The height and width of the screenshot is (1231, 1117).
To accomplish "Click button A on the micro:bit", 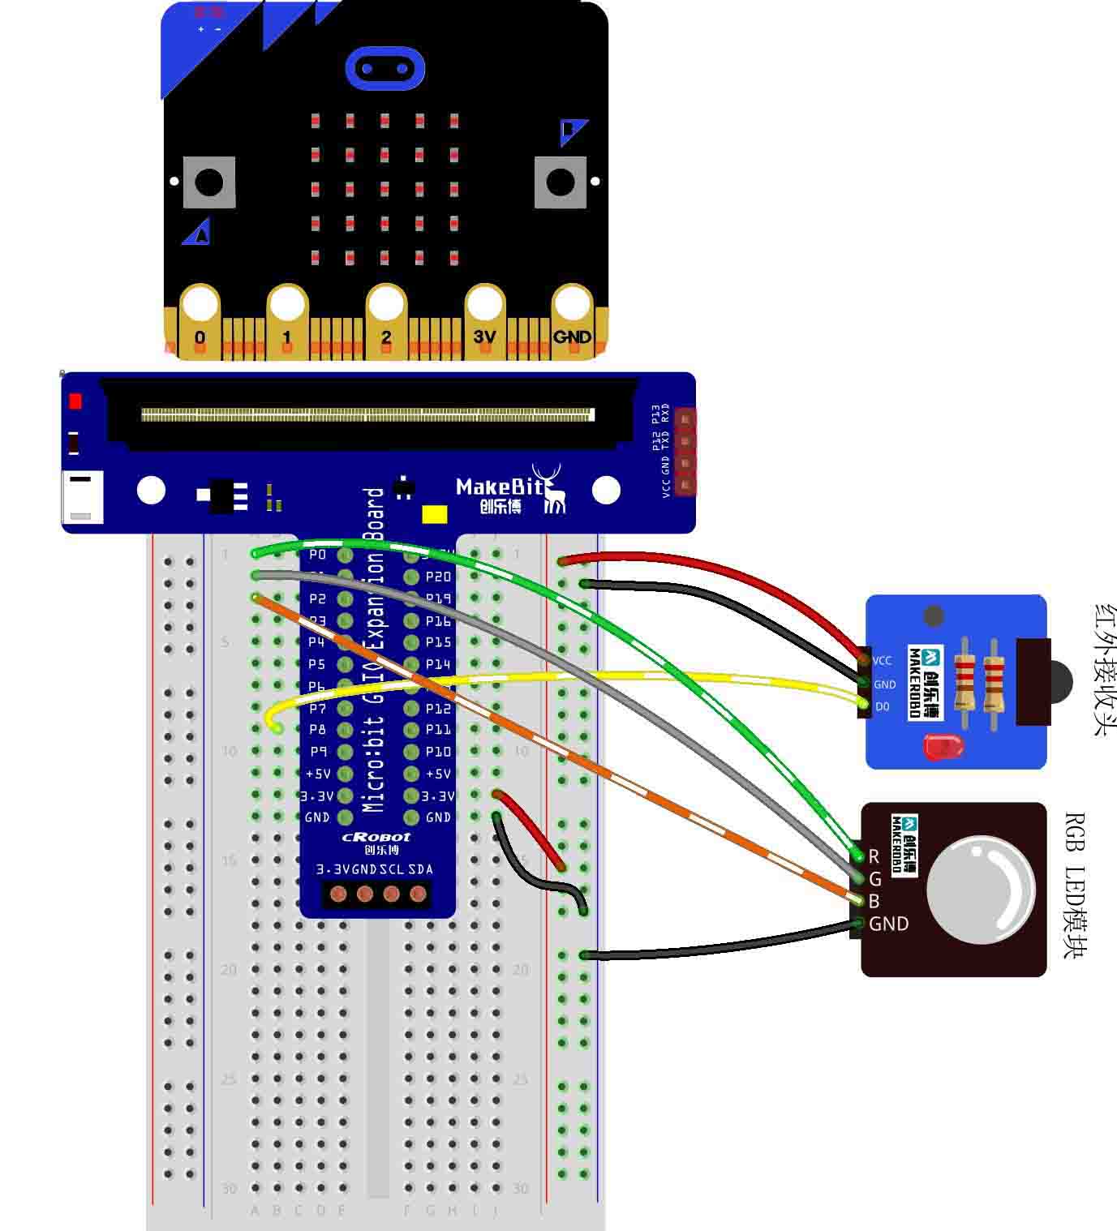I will pyautogui.click(x=209, y=182).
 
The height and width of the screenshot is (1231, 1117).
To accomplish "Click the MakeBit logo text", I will pyautogui.click(x=495, y=487).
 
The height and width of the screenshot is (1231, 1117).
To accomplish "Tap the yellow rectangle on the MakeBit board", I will pyautogui.click(x=435, y=515).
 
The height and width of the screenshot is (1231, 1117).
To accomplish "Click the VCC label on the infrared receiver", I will pyautogui.click(x=883, y=661).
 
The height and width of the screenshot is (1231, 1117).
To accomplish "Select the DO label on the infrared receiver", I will pyautogui.click(x=883, y=706).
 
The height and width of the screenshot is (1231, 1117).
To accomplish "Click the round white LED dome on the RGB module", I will pyautogui.click(x=981, y=890).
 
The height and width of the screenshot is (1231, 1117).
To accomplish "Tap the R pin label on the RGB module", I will pyautogui.click(x=874, y=856).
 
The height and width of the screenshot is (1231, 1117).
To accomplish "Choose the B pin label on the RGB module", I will pyautogui.click(x=874, y=901).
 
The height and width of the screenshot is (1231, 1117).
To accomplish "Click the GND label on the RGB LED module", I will pyautogui.click(x=888, y=924).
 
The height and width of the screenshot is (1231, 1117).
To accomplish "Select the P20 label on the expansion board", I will pyautogui.click(x=438, y=577).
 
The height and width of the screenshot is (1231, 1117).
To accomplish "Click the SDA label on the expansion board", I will pyautogui.click(x=420, y=869).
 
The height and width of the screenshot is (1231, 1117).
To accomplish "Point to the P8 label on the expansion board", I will pyautogui.click(x=317, y=730).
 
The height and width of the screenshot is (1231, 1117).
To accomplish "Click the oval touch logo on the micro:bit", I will pyautogui.click(x=385, y=68).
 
